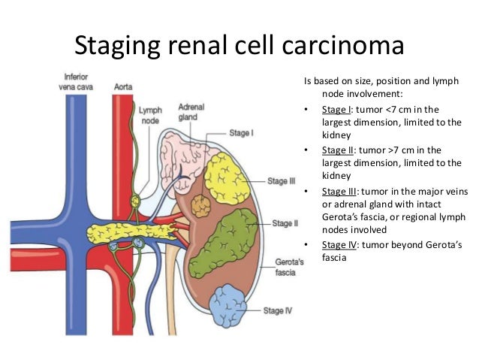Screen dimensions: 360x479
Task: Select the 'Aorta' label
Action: tap(123, 86)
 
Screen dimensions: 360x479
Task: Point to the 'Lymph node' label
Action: tap(149, 115)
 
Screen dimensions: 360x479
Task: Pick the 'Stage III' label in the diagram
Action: tap(282, 181)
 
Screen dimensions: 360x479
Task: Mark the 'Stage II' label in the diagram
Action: tap(285, 223)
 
